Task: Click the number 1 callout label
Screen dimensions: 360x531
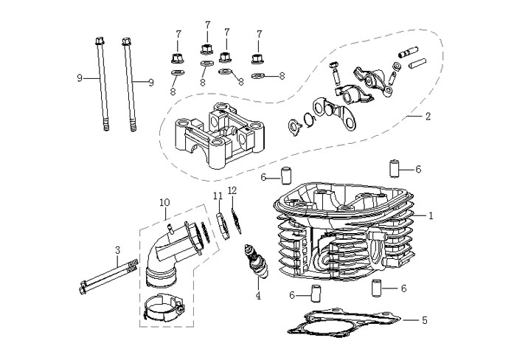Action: pyautogui.click(x=432, y=215)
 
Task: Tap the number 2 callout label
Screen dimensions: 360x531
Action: pyautogui.click(x=427, y=116)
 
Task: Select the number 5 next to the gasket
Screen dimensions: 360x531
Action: pyautogui.click(x=425, y=321)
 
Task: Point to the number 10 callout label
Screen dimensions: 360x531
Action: pyautogui.click(x=164, y=202)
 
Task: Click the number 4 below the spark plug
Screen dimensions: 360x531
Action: pyautogui.click(x=258, y=297)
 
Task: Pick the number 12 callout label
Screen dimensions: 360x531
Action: pyautogui.click(x=232, y=190)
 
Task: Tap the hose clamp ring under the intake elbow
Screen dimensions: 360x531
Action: pyautogui.click(x=163, y=307)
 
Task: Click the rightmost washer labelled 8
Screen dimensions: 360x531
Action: pyautogui.click(x=257, y=75)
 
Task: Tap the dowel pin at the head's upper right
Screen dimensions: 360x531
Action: pyautogui.click(x=395, y=169)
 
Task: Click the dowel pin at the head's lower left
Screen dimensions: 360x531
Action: pyautogui.click(x=314, y=295)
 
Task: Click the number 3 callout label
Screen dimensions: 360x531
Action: pyautogui.click(x=117, y=251)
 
